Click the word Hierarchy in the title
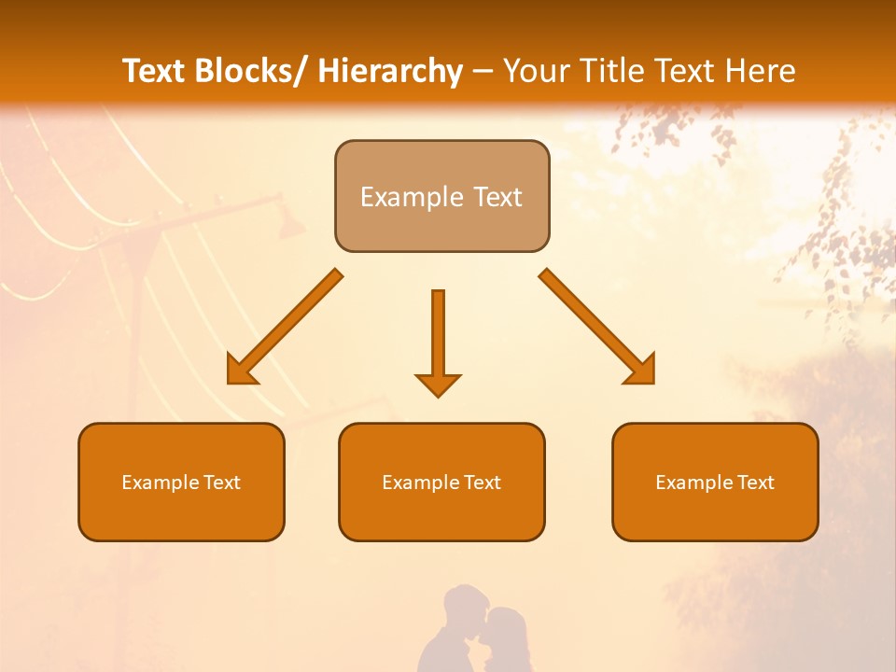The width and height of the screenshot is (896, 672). (390, 71)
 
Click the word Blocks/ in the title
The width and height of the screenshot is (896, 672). (247, 71)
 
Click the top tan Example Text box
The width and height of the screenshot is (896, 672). (441, 196)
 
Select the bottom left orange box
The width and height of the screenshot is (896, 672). (181, 482)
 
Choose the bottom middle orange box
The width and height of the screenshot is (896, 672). (441, 482)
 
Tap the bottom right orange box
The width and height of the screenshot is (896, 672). (715, 482)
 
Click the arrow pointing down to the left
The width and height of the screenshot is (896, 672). (285, 328)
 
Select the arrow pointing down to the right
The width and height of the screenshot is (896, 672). (597, 327)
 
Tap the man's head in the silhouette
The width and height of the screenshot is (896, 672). (464, 607)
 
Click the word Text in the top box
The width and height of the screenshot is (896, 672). (497, 197)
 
